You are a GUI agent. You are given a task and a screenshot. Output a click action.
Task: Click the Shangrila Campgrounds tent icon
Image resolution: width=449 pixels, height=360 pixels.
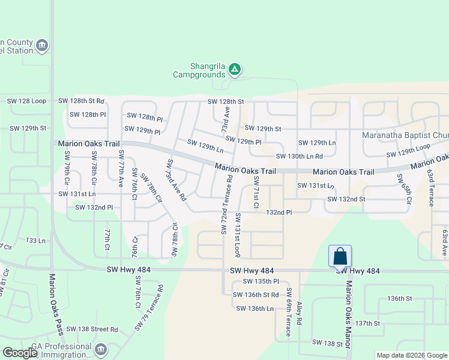tap(235, 70)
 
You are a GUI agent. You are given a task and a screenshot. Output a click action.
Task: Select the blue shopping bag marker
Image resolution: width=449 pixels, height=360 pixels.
tap(340, 256)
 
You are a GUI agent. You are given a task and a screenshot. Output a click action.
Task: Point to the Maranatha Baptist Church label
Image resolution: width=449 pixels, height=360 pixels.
tap(405, 134)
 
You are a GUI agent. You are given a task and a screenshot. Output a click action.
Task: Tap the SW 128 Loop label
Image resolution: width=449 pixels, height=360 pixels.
tap(23, 101)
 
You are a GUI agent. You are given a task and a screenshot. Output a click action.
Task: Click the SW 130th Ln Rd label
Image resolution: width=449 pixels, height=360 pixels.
tap(300, 157)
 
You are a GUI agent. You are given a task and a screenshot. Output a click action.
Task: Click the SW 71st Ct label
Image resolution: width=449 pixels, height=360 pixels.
tap(256, 193)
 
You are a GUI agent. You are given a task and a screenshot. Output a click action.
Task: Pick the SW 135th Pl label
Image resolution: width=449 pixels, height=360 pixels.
tap(261, 281)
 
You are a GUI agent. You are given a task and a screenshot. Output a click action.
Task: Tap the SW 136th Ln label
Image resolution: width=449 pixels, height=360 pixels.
tap(255, 308)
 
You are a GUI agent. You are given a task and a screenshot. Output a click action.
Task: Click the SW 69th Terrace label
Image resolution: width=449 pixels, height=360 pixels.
tap(289, 312)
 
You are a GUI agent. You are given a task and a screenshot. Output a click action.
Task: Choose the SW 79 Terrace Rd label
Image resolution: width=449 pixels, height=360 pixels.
tap(149, 307)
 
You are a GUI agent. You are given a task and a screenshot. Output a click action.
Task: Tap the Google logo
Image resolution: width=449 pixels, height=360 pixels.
tap(20, 352)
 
